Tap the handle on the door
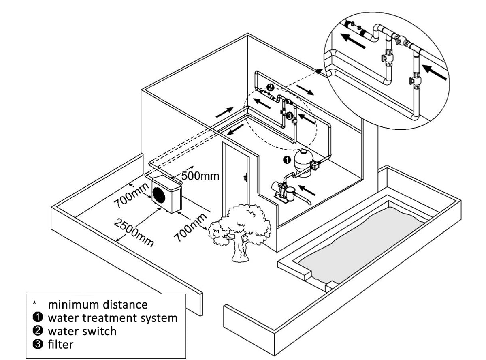(245, 178)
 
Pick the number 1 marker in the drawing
(286, 160)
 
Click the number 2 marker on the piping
(270, 87)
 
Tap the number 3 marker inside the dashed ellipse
(289, 116)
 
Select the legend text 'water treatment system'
(113, 317)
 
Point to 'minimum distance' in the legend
(98, 304)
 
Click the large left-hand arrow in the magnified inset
(353, 41)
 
